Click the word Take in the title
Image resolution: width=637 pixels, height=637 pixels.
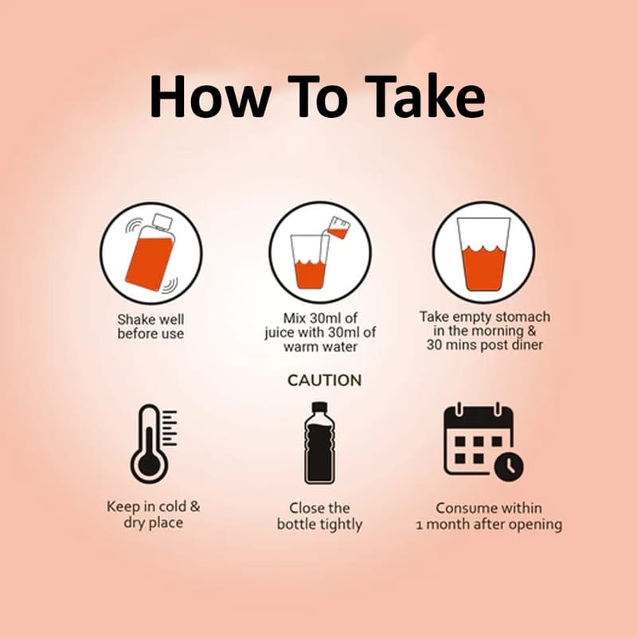[428, 96]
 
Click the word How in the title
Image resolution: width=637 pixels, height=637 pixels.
[210, 96]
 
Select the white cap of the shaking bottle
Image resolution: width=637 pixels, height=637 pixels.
[163, 222]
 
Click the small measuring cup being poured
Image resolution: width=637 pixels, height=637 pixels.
[338, 228]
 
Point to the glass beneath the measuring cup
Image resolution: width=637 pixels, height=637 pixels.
[310, 262]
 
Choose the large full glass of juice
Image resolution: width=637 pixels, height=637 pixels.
[483, 254]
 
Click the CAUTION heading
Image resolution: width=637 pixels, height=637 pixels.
[324, 381]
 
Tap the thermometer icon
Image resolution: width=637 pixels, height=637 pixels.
[153, 444]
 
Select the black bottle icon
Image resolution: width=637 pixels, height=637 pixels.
[320, 444]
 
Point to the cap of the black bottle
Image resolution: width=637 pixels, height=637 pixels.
[319, 407]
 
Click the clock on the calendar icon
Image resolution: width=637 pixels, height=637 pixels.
[509, 467]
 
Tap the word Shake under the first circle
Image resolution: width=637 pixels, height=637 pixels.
[134, 319]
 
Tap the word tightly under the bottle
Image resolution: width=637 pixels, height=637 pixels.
[341, 525]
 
